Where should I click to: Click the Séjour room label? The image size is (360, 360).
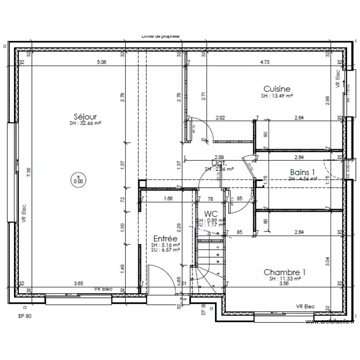pos(86,117)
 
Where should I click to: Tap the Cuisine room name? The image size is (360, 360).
pos(276,89)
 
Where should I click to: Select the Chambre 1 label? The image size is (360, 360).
pos(285,272)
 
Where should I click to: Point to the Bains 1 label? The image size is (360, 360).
pos(302,172)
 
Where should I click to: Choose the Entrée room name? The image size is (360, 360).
pos(165,239)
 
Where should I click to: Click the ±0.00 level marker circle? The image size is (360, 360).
pos(78,179)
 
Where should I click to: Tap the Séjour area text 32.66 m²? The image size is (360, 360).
pos(86,123)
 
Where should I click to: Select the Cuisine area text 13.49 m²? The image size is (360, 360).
pos(277,96)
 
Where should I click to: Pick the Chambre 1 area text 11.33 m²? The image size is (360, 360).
pos(285,278)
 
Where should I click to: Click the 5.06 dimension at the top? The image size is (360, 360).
pos(101,62)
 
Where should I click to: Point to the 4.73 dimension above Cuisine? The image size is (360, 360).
pos(264,62)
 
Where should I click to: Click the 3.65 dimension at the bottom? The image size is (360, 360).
pos(78,283)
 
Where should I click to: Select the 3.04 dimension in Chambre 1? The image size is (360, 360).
pos(328,261)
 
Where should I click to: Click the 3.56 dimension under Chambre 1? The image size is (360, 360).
pos(285,284)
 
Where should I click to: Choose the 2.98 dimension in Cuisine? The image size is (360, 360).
pos(328,99)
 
